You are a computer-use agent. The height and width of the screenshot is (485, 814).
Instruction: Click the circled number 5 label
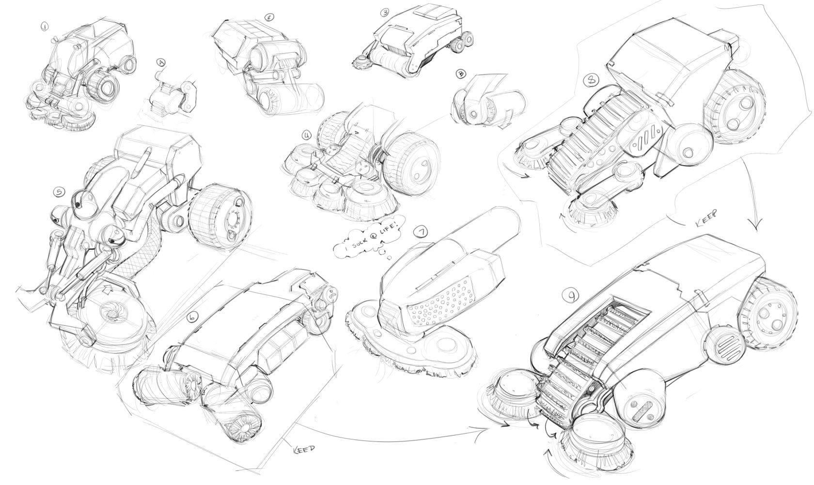[58, 193]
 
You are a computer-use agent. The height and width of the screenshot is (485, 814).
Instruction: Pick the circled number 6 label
[193, 318]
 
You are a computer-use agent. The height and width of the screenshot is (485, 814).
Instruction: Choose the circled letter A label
[161, 62]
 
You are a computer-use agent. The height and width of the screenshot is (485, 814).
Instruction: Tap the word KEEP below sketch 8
[706, 213]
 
